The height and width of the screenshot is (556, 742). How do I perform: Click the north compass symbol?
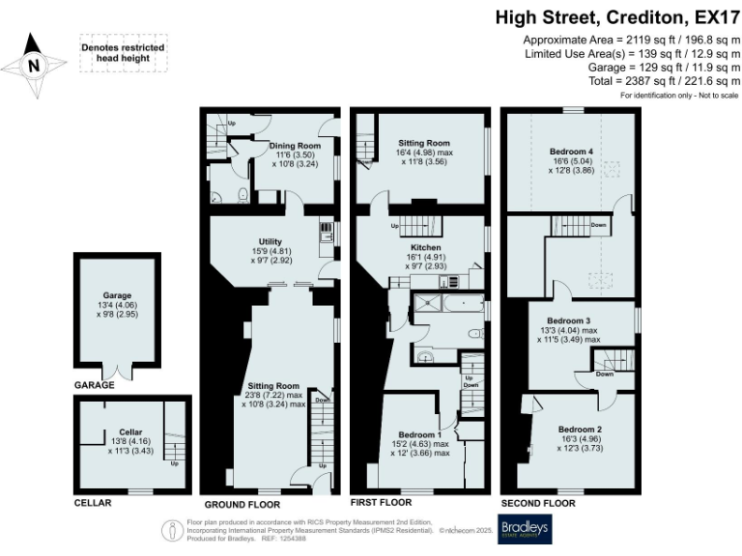pyautogui.click(x=34, y=66)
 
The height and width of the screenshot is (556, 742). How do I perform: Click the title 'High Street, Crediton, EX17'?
pyautogui.click(x=618, y=16)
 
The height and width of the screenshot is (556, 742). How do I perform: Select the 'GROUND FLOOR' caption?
pyautogui.click(x=242, y=505)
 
